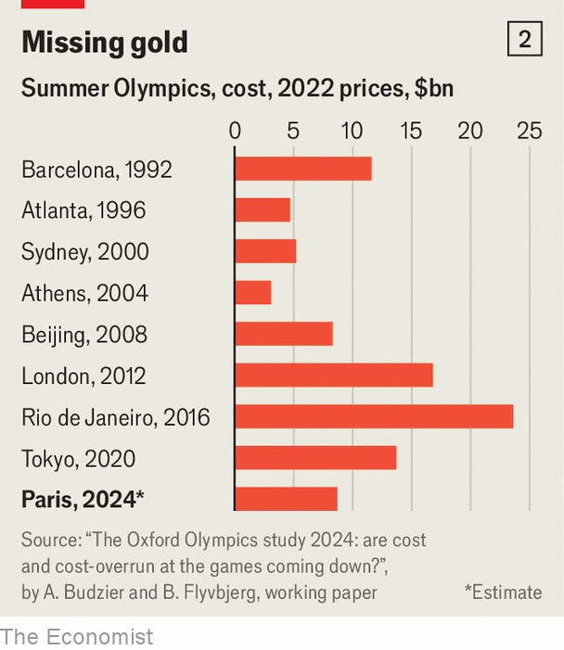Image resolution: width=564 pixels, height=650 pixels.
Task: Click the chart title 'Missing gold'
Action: (x=104, y=43)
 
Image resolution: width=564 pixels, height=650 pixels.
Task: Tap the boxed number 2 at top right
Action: (x=524, y=40)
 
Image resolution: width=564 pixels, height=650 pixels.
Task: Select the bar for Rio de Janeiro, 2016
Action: (x=373, y=417)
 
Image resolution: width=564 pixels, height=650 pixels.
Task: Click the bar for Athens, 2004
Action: (x=252, y=293)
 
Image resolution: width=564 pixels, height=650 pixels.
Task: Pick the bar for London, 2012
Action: (x=333, y=376)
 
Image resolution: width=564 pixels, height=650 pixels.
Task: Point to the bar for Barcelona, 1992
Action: (x=302, y=169)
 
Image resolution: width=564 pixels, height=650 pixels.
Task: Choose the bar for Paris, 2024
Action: (x=286, y=500)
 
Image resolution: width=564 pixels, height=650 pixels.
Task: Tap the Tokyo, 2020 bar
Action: (x=315, y=458)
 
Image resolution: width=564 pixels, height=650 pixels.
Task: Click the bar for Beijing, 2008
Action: (x=283, y=334)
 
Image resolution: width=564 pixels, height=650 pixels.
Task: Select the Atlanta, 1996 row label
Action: (x=83, y=210)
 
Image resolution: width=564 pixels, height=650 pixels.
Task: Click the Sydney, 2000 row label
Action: (x=84, y=252)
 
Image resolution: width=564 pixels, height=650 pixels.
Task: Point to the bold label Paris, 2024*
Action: (x=83, y=500)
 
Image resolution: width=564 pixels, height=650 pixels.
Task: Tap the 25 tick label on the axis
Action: (x=529, y=131)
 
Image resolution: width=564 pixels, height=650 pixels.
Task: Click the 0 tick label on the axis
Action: (x=235, y=131)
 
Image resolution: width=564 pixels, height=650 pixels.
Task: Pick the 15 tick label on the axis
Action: (x=411, y=131)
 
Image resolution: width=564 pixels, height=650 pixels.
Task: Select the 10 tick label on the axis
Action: (x=352, y=131)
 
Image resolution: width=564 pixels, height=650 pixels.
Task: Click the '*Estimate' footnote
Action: (x=503, y=592)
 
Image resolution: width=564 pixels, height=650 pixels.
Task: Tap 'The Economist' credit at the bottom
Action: (x=76, y=636)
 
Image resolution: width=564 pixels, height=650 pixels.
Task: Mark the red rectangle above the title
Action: (x=52, y=4)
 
